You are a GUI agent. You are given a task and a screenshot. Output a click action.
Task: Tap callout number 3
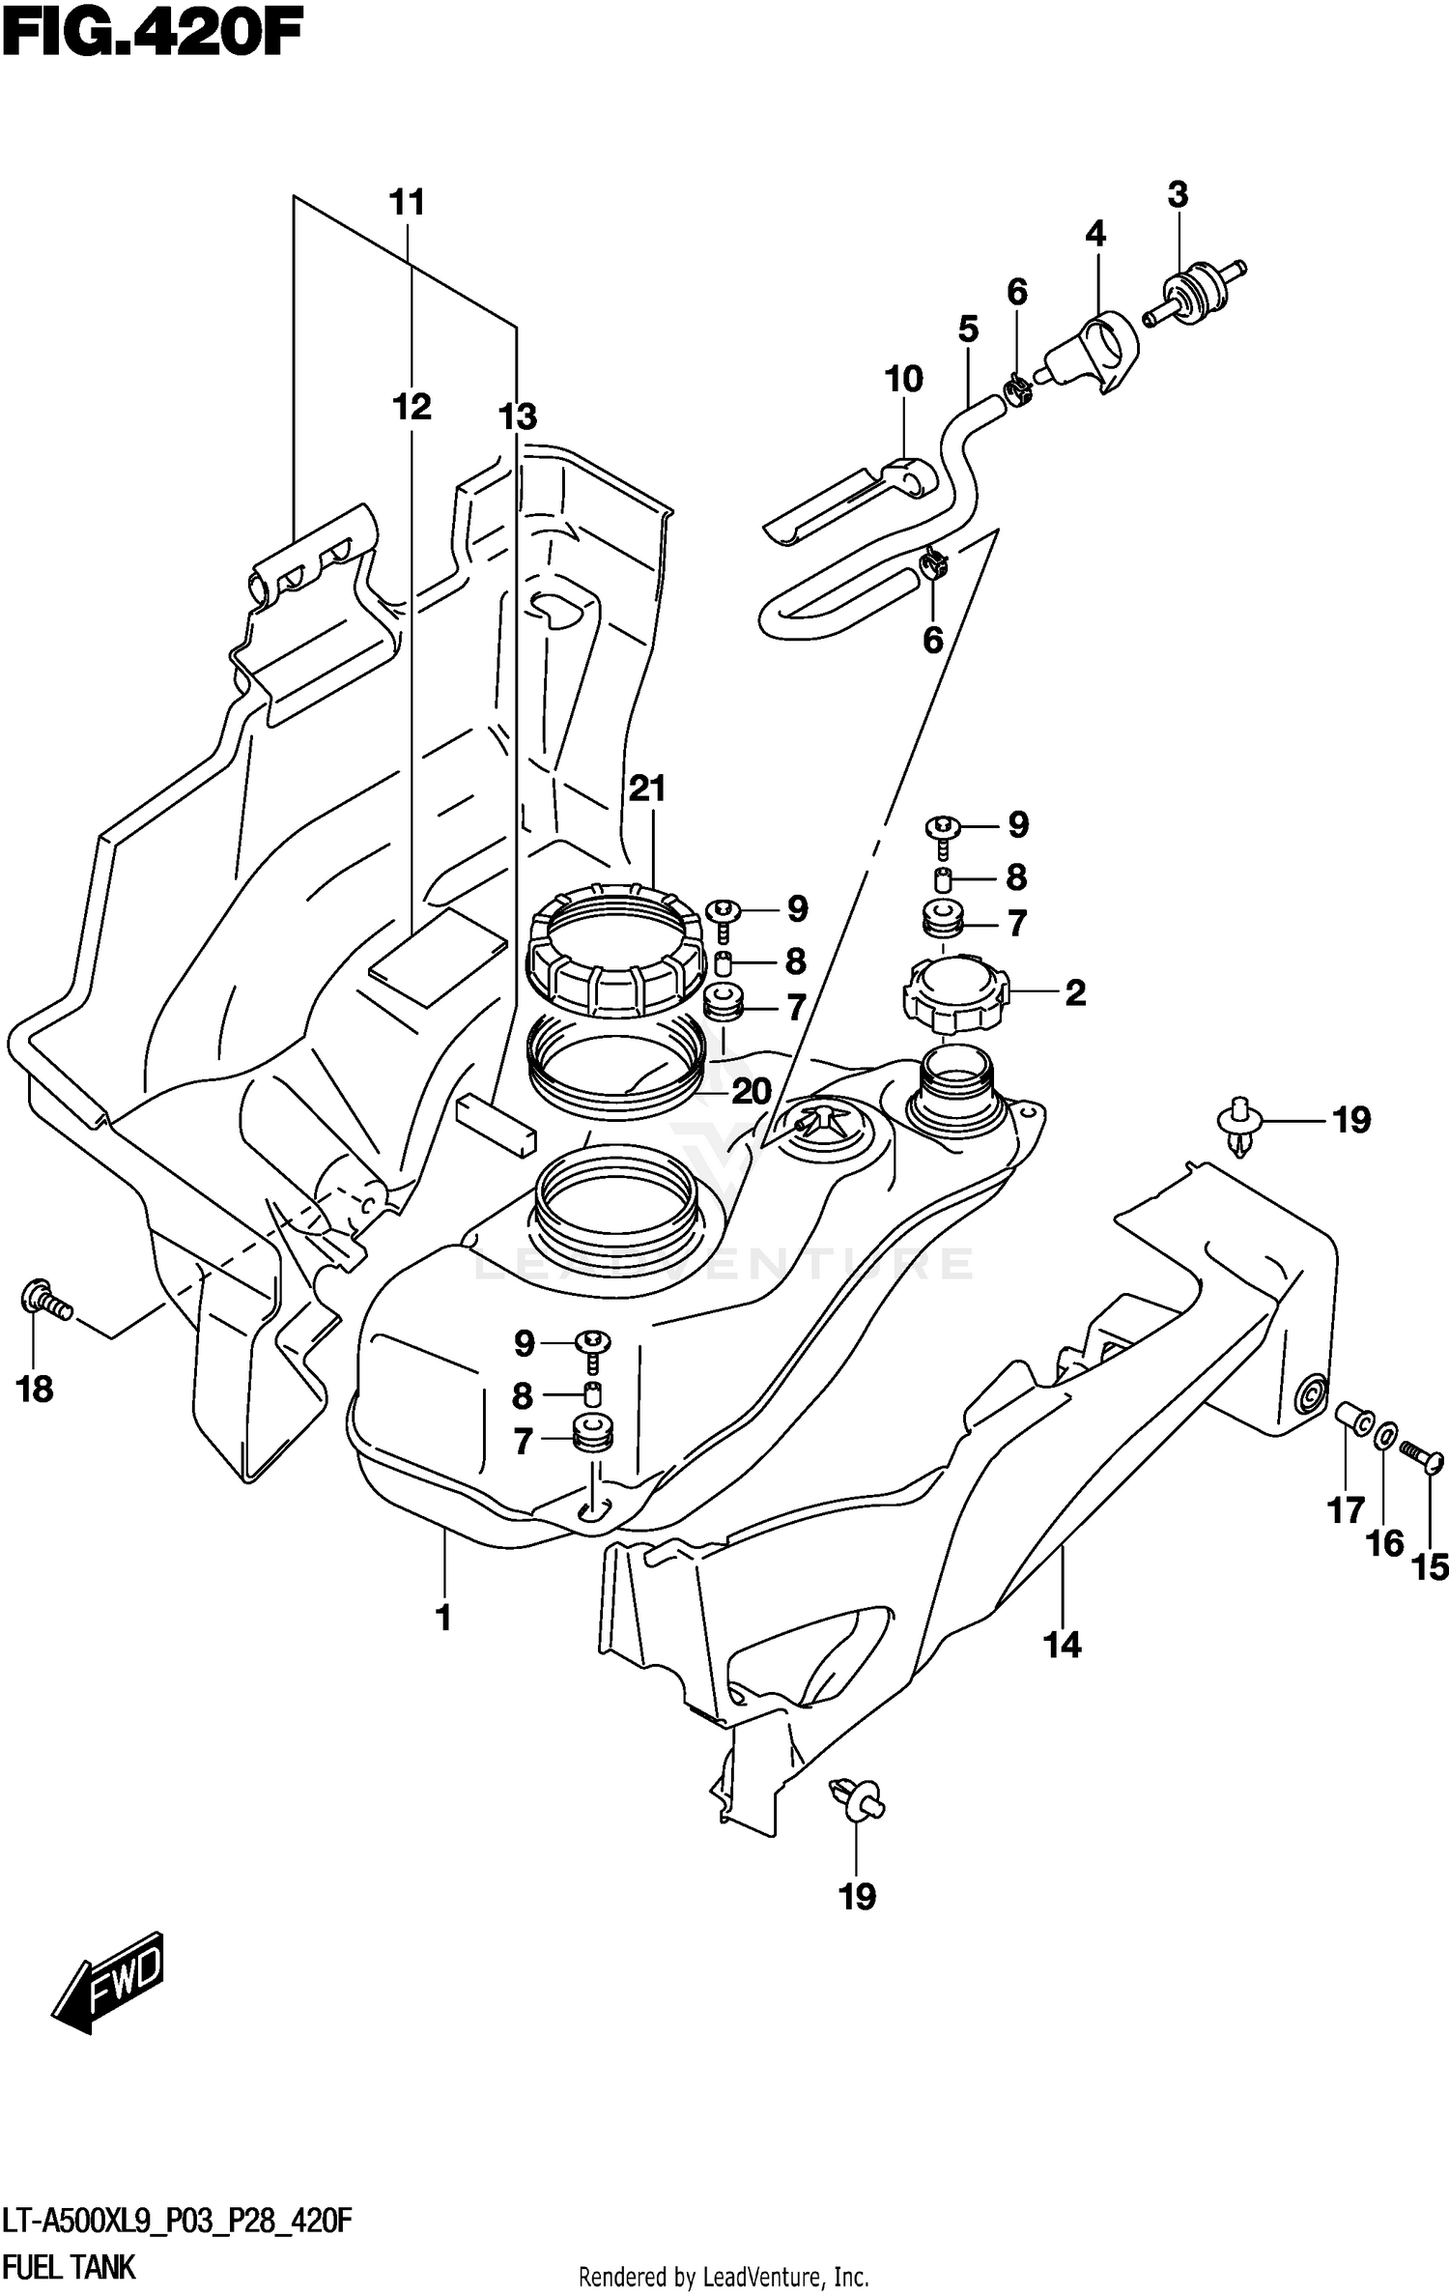[x=1177, y=195]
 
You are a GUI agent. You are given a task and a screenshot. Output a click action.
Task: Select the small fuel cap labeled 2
[x=953, y=995]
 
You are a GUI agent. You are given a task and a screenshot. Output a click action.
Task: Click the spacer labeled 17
[x=1354, y=1419]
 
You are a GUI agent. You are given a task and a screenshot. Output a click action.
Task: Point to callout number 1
[x=444, y=1617]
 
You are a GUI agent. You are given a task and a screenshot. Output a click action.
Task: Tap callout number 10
[x=903, y=380]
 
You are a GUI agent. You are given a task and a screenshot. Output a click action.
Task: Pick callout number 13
[x=517, y=417]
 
